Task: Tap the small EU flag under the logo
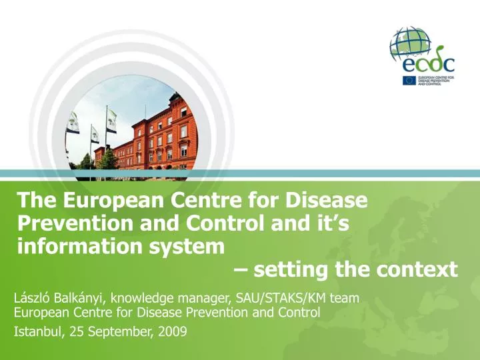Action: (409, 81)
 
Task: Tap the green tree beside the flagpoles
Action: (106, 160)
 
